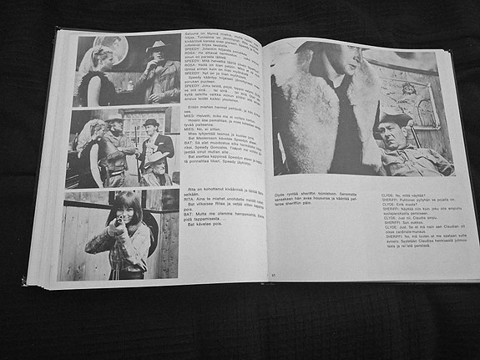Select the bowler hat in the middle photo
coord(151,124)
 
